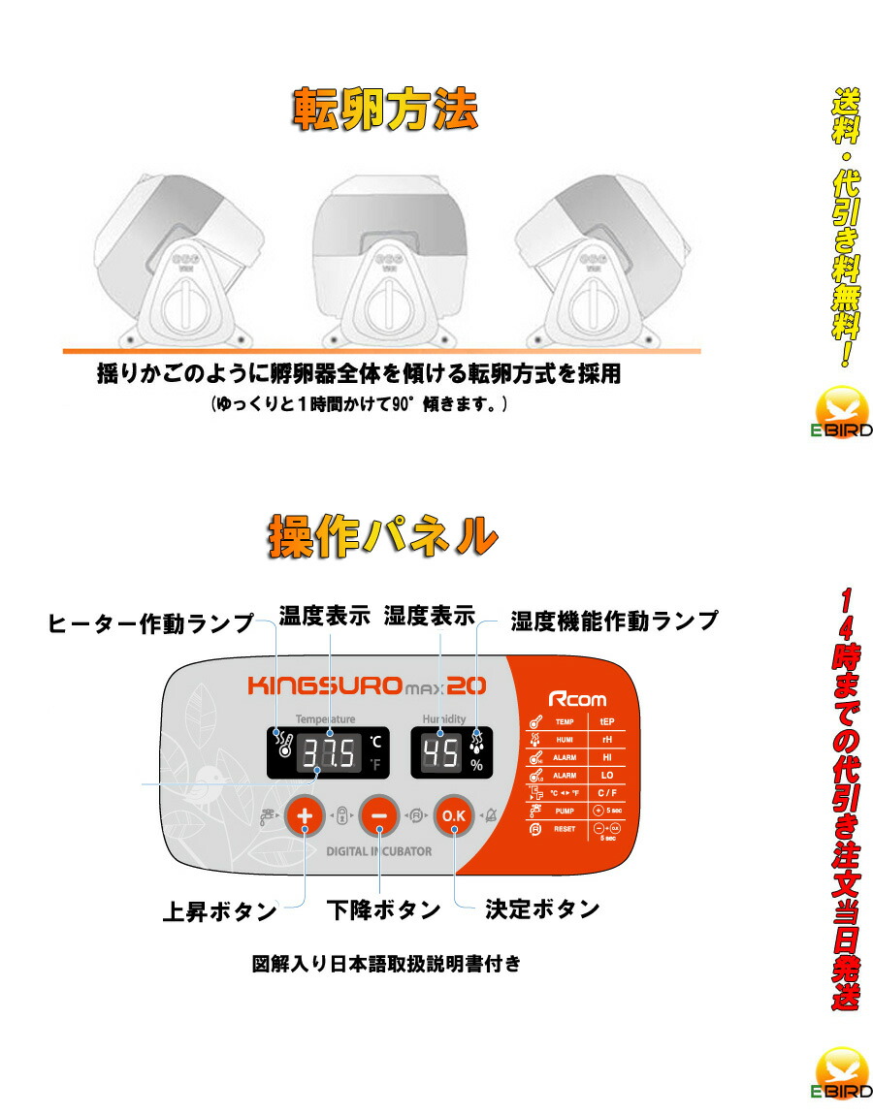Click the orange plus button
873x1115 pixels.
coord(305,816)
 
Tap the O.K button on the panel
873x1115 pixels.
coord(453,816)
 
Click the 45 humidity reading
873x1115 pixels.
coord(441,753)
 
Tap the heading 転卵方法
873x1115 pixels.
coord(385,111)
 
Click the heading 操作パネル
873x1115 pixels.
coord(381,535)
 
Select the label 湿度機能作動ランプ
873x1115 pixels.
coord(614,621)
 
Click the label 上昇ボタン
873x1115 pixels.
coord(219,912)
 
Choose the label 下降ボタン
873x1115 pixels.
coord(383,910)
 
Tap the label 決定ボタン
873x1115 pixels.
coord(541,909)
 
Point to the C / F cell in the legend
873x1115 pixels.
coord(608,792)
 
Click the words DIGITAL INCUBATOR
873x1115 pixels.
coord(378,851)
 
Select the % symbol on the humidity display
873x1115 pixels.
coord(476,765)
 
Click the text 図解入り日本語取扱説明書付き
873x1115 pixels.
coord(385,965)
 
